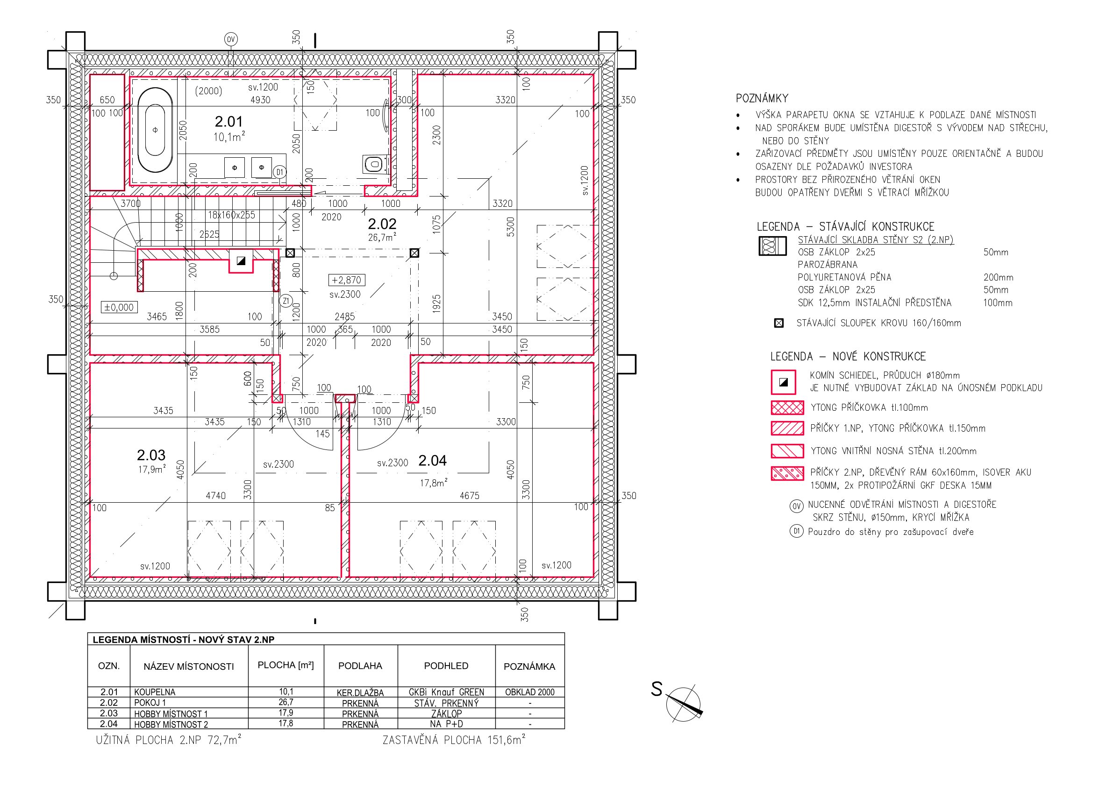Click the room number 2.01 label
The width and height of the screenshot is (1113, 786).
(228, 121)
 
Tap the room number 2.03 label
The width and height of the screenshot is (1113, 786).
(151, 455)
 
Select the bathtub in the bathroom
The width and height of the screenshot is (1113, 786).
(155, 130)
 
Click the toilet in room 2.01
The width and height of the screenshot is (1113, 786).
(375, 164)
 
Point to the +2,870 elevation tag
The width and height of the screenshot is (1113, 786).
(347, 280)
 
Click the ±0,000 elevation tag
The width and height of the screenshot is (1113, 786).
(119, 307)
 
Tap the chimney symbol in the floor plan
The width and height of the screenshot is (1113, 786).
(241, 261)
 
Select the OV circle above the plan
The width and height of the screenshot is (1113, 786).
(231, 39)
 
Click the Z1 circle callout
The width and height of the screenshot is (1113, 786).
(286, 301)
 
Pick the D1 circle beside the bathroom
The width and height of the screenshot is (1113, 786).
(280, 172)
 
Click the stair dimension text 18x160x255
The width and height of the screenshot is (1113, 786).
(232, 215)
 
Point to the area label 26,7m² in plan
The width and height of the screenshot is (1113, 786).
(382, 237)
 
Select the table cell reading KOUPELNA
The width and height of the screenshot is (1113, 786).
(155, 692)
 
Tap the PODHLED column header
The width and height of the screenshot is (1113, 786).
(446, 666)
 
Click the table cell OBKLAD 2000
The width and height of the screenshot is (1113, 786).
(529, 692)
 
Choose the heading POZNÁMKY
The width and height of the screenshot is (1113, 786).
(762, 98)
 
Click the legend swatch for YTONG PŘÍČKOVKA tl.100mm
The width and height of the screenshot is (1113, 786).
(787, 408)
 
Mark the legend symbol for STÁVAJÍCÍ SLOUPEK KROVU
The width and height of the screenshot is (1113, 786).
(778, 323)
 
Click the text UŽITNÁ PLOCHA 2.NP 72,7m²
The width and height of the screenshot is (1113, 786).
(169, 740)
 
